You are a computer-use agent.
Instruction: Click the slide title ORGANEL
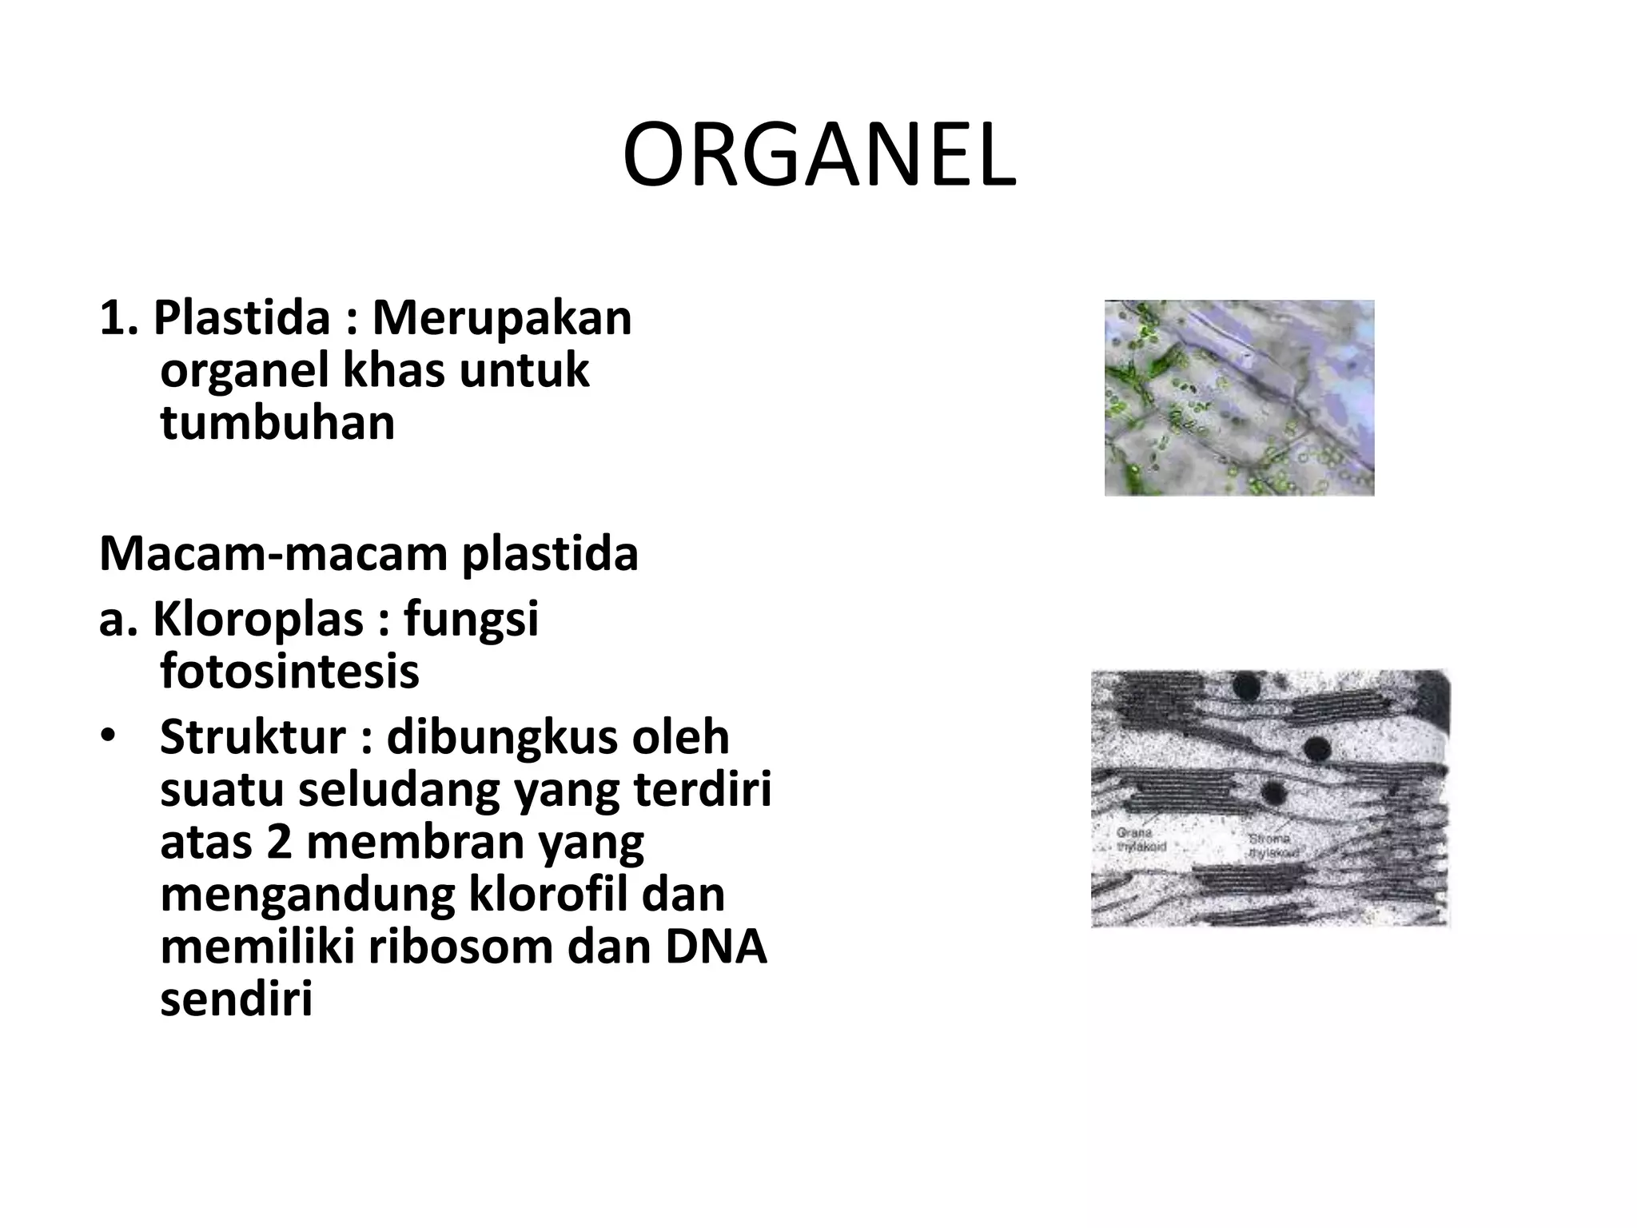pos(818,156)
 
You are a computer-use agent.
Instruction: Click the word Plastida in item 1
pos(241,317)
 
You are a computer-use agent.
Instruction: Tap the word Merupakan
pos(502,317)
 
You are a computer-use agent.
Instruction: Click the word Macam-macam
pos(272,553)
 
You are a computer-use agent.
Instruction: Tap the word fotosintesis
pos(289,672)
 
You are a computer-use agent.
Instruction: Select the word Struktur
pos(253,737)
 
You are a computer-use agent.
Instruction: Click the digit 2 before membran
pos(279,842)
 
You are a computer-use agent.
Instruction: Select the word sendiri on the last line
pos(236,999)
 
